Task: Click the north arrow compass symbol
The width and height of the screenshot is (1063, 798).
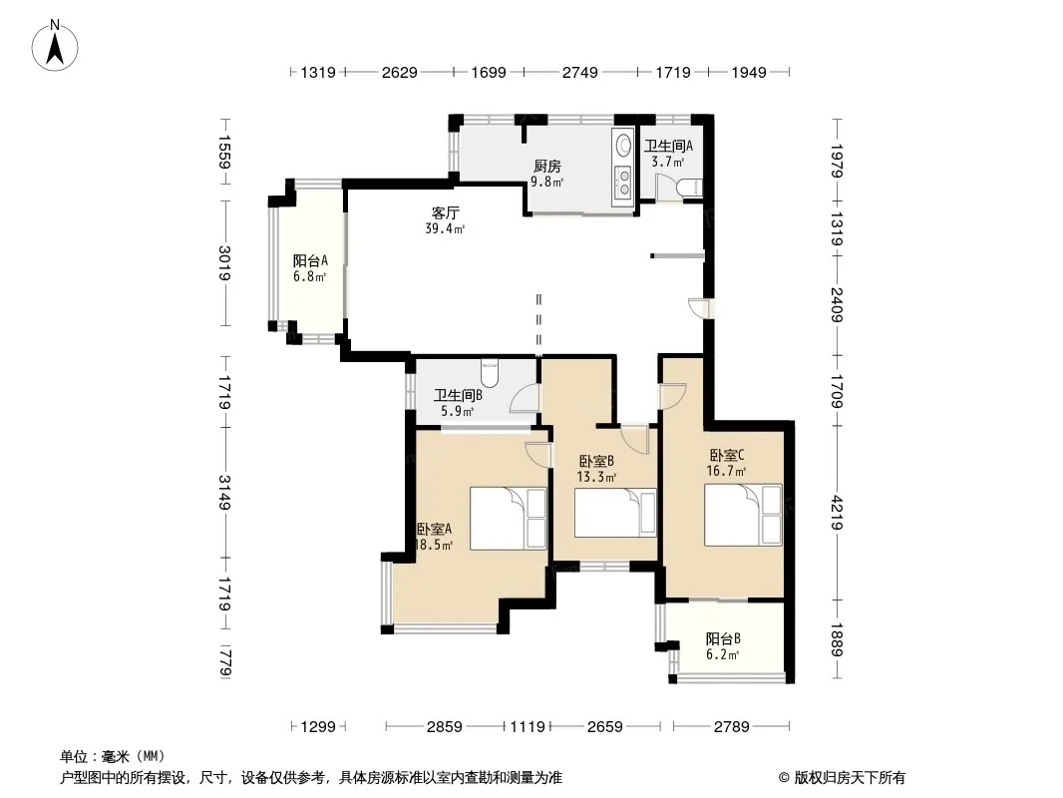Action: coord(55,46)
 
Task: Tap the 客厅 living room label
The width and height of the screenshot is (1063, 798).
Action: coord(445,212)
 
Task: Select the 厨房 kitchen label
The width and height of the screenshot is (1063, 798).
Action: coord(547,167)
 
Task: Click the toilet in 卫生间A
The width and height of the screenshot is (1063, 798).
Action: coord(690,188)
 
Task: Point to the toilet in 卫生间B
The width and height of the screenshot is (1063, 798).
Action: coord(490,371)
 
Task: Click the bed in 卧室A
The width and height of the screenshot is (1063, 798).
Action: coord(509,518)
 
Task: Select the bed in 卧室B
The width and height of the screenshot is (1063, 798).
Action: coord(615,513)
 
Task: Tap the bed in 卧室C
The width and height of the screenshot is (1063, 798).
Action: coord(743,515)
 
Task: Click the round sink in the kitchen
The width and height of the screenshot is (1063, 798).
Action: coord(622,144)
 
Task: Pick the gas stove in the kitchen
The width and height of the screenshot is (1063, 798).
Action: coord(622,180)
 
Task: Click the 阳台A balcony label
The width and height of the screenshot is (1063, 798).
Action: coord(310,260)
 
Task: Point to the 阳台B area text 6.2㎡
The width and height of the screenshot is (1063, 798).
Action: coord(722,655)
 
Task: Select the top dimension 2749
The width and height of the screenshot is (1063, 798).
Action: coord(580,72)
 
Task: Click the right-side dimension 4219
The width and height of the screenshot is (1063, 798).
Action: coord(838,513)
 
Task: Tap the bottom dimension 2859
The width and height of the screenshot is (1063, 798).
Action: coord(445,727)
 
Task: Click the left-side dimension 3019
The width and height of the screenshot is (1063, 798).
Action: coord(225,263)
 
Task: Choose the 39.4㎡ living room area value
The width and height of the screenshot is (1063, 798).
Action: coord(445,229)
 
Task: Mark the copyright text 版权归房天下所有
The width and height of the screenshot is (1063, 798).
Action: coord(850,778)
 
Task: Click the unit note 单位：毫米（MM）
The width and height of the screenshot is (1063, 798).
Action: coord(113,757)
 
